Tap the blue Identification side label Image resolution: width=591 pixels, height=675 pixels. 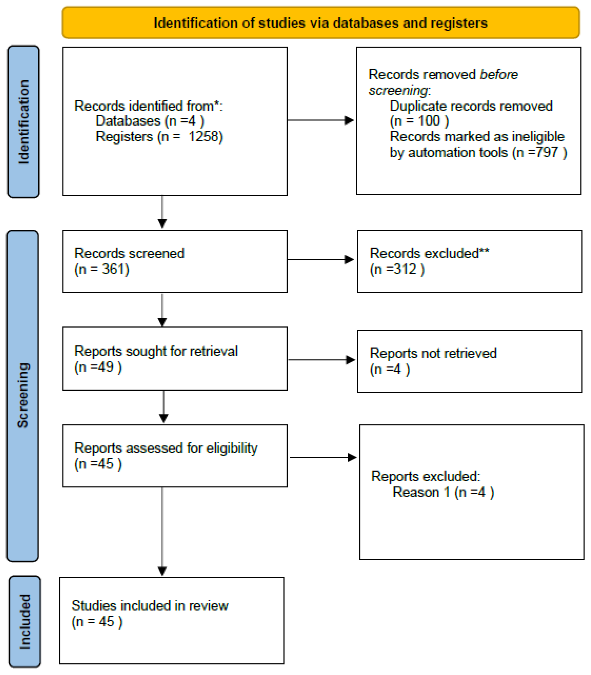23,122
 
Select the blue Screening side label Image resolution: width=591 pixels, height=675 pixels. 23,395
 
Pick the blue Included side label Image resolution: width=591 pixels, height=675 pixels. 25,621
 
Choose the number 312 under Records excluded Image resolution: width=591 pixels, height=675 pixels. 405,269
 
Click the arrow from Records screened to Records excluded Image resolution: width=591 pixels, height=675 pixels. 321,260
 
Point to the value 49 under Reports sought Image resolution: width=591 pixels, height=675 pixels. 105,367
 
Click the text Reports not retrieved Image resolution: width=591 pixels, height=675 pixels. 433,353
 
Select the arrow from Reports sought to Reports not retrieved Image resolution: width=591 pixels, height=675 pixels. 321,360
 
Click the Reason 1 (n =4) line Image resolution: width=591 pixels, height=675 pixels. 443,492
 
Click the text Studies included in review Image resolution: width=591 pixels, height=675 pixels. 150,606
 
